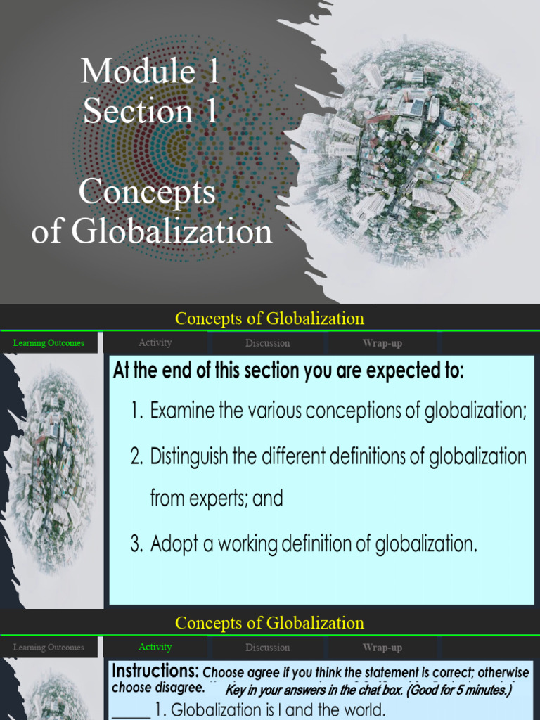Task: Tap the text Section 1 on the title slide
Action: (150, 111)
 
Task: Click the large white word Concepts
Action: (147, 191)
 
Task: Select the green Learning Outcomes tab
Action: (49, 343)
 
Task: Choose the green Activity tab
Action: (155, 647)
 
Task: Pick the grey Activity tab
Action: (155, 342)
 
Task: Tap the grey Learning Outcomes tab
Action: (49, 648)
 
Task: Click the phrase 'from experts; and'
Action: (217, 499)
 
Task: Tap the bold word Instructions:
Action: (155, 671)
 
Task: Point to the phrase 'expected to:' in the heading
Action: (419, 371)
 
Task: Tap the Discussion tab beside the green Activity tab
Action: (267, 648)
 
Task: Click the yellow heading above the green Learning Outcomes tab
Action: (269, 319)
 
